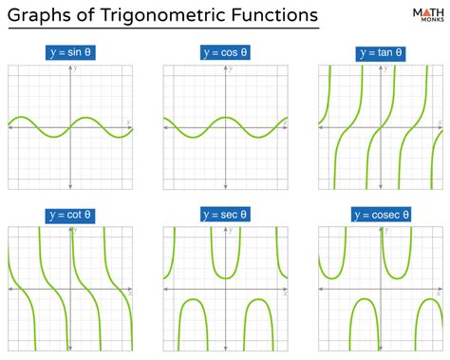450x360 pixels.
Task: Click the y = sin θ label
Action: coord(69,52)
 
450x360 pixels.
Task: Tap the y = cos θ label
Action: coord(225,52)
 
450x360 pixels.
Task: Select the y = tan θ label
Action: coord(380,52)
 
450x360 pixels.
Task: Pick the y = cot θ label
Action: coord(69,215)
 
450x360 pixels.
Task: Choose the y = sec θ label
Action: coord(225,215)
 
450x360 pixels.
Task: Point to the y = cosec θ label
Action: coord(380,215)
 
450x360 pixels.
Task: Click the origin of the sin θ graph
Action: coord(69,127)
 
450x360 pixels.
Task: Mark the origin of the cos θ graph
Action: coord(225,127)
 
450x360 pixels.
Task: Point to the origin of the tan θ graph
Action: coord(381,127)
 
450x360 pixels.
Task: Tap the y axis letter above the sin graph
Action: coord(75,69)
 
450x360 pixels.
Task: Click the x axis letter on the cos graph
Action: coord(284,122)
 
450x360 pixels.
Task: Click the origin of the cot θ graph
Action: coord(69,291)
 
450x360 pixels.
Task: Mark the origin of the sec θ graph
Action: coord(225,291)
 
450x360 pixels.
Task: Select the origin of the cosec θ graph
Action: coord(381,291)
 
